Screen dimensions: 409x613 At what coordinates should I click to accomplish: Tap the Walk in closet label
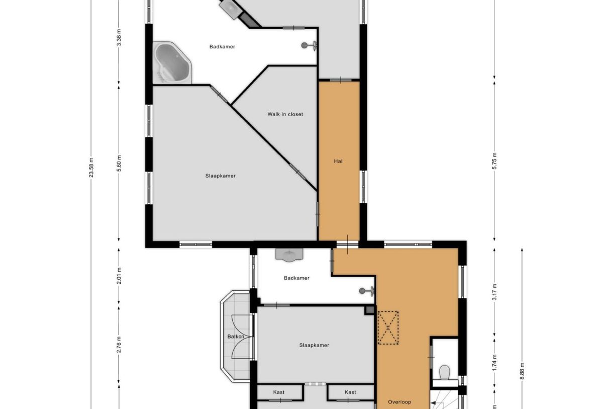tap(285, 114)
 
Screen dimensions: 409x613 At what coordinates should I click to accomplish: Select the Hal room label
tap(338, 161)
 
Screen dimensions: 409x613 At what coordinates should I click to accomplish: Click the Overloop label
tap(399, 402)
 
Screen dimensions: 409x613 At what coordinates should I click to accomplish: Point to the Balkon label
tap(236, 337)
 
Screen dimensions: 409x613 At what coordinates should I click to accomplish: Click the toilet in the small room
tap(444, 372)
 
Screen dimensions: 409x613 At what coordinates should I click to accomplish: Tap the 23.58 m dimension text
tap(91, 166)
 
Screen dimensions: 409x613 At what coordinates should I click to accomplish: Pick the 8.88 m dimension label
tap(522, 373)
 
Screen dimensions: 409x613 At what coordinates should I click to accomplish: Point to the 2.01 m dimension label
tap(119, 276)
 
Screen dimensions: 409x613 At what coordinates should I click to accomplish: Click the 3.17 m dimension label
tap(494, 291)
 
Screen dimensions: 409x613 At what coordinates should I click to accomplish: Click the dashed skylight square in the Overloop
tap(387, 328)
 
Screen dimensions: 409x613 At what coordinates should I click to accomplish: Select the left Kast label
tap(279, 392)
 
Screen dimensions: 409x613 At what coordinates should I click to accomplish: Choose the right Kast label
tap(350, 392)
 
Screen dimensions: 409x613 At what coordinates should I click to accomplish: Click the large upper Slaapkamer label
tap(220, 176)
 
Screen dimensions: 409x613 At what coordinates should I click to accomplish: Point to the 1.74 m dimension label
tap(494, 363)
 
